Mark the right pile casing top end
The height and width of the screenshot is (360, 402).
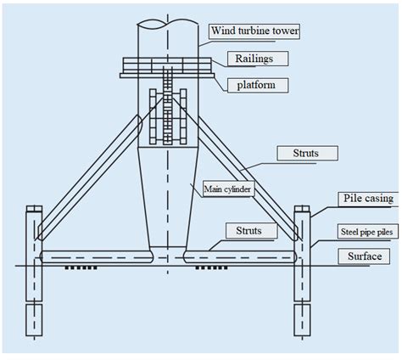302,209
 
